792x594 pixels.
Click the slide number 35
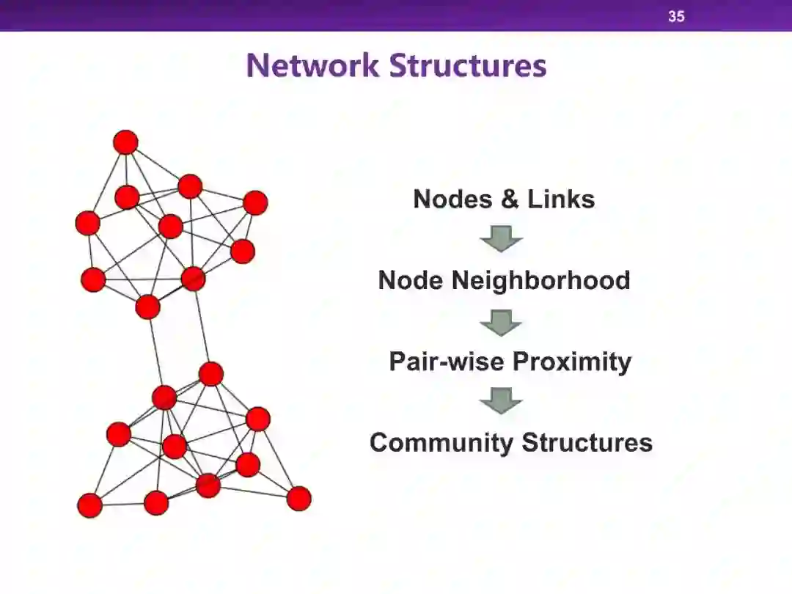(676, 15)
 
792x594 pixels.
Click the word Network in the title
(313, 65)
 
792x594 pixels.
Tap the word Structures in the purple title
(468, 65)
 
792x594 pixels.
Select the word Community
(441, 442)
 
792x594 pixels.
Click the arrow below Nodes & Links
(502, 238)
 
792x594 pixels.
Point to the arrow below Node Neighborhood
(502, 322)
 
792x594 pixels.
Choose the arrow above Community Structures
(502, 401)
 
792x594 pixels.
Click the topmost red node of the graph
(125, 142)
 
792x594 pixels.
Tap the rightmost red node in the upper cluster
(255, 202)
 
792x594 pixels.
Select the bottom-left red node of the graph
(89, 505)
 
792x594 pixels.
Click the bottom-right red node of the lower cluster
(298, 499)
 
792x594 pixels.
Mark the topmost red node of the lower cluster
(210, 374)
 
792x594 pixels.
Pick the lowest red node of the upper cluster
(147, 307)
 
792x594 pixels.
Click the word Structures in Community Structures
(587, 442)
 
